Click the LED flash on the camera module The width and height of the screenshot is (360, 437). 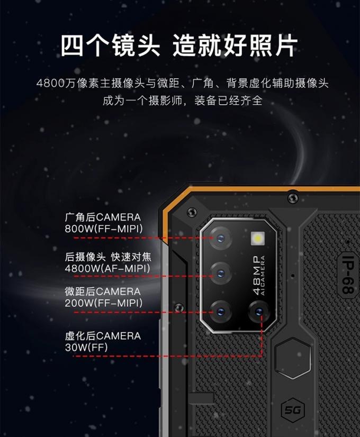(x=258, y=239)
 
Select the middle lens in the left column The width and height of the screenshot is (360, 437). (x=220, y=273)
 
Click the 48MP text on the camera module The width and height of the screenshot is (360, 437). (x=257, y=275)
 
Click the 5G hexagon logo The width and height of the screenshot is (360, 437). (x=290, y=411)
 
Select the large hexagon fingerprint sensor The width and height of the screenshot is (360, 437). (x=293, y=359)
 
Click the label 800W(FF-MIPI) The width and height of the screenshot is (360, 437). (x=103, y=229)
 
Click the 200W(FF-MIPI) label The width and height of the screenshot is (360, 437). (x=103, y=303)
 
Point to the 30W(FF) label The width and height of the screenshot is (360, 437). (x=86, y=348)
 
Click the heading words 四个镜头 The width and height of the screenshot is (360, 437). (x=110, y=46)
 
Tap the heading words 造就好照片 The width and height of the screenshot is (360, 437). (x=235, y=46)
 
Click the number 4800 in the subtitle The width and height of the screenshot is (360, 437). (x=50, y=83)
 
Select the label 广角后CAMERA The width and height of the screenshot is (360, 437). (x=103, y=217)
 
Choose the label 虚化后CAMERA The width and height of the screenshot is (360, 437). (x=103, y=336)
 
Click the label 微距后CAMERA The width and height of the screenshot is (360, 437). (x=103, y=292)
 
